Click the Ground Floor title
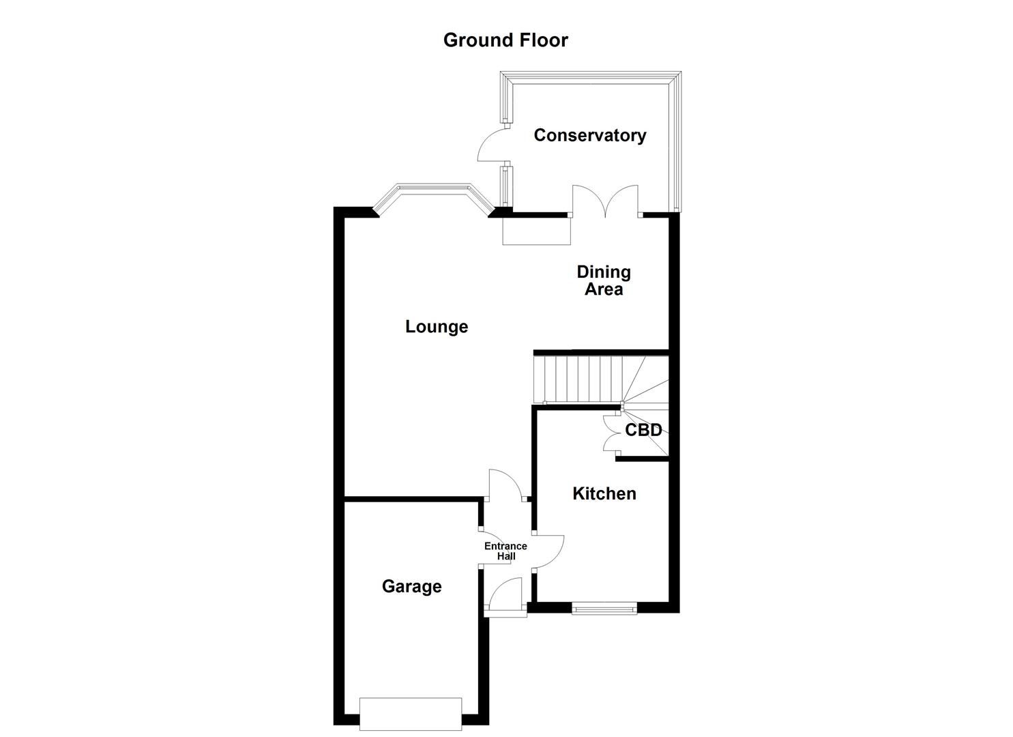[x=505, y=40]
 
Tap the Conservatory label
[x=589, y=135]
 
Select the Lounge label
[x=437, y=326]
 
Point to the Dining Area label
[x=604, y=280]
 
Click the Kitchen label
[x=604, y=493]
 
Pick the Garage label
[x=411, y=586]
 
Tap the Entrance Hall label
[x=505, y=551]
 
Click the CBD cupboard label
[x=643, y=430]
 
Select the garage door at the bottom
[x=411, y=714]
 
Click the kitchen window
[x=604, y=608]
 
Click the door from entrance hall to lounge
[x=505, y=485]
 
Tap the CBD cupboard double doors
[x=610, y=434]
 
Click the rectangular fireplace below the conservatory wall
[x=536, y=231]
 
